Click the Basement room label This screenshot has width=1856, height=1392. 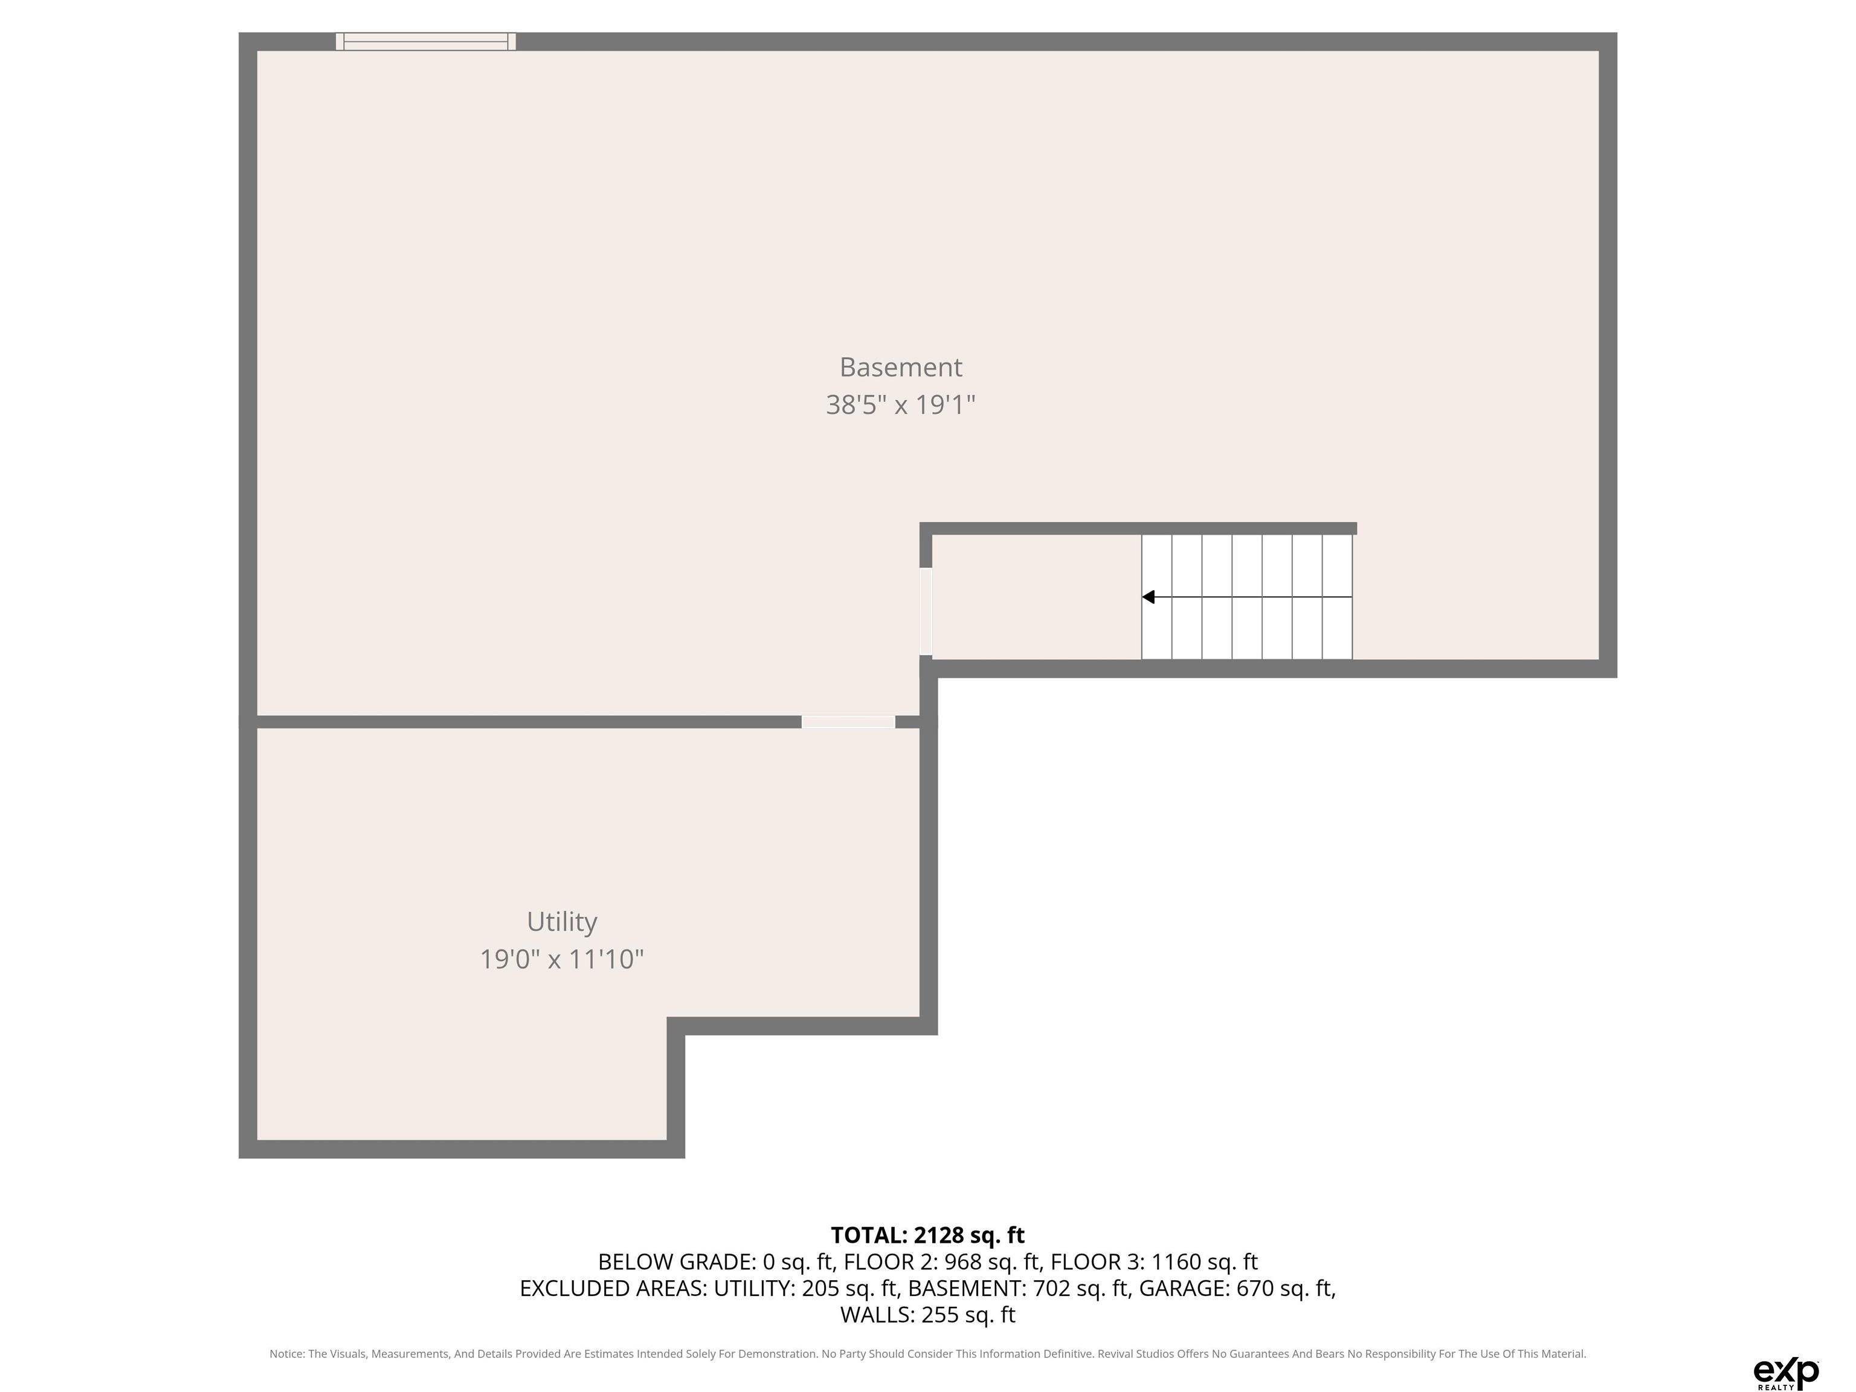[x=900, y=367]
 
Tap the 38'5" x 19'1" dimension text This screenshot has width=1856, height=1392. [x=900, y=405]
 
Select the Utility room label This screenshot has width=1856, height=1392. [x=561, y=922]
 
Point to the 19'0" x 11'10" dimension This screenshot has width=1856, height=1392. [x=561, y=959]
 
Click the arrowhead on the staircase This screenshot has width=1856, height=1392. [x=1148, y=596]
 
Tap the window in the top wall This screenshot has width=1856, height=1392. [x=425, y=41]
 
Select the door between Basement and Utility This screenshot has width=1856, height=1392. [x=848, y=721]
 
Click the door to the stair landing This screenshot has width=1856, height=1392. [x=926, y=611]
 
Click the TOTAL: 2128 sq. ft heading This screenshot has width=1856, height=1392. [x=927, y=1235]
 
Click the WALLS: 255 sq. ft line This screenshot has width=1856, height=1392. [x=927, y=1315]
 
